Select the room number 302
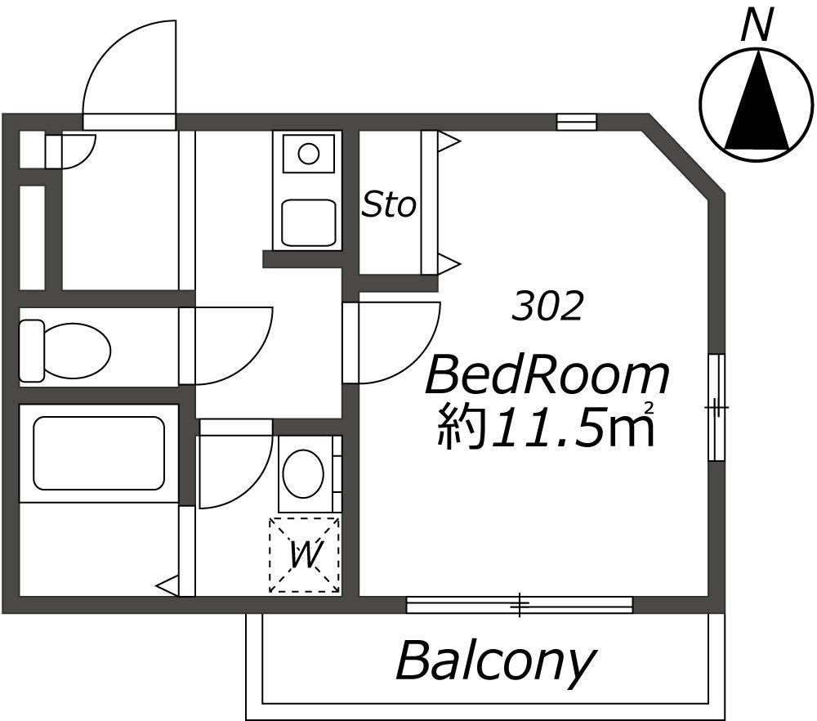[547, 306]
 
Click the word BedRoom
[547, 375]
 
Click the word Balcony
[495, 662]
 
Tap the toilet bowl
[65, 351]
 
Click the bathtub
[99, 453]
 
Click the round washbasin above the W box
[303, 474]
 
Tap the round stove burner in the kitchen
[309, 153]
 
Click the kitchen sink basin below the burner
[308, 222]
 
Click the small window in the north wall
[576, 122]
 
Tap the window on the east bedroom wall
[717, 407]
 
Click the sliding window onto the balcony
[519, 605]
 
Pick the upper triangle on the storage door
[449, 141]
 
